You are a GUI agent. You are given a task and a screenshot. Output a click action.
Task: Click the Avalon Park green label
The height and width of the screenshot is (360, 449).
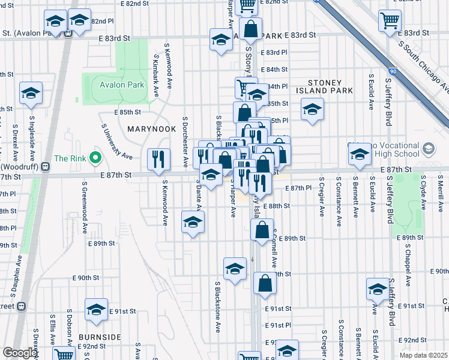pos(122,85)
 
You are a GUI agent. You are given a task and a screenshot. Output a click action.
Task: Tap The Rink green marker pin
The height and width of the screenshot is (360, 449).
pos(94,159)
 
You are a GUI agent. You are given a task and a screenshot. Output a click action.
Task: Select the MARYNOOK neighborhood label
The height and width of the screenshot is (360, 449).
pos(151,129)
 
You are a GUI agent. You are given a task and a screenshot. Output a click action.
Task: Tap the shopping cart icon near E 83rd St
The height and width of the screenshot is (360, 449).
pos(390,21)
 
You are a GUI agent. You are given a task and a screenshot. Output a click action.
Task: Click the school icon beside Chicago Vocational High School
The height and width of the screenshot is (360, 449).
pos(360,154)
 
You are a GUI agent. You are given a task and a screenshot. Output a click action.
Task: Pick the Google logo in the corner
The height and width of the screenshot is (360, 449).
pos(20,353)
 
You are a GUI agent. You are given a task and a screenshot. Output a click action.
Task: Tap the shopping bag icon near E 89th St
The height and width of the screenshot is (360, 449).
pos(262,230)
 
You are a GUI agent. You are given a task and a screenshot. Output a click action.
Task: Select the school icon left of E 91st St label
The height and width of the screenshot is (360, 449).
pos(96,310)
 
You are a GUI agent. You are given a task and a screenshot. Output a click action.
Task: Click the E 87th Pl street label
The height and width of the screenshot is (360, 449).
pos(300,188)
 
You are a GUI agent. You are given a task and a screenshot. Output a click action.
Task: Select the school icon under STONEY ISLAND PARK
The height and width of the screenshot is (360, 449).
pos(312,110)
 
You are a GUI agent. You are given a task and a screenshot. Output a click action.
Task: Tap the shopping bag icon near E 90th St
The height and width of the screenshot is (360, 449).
pos(265,283)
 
